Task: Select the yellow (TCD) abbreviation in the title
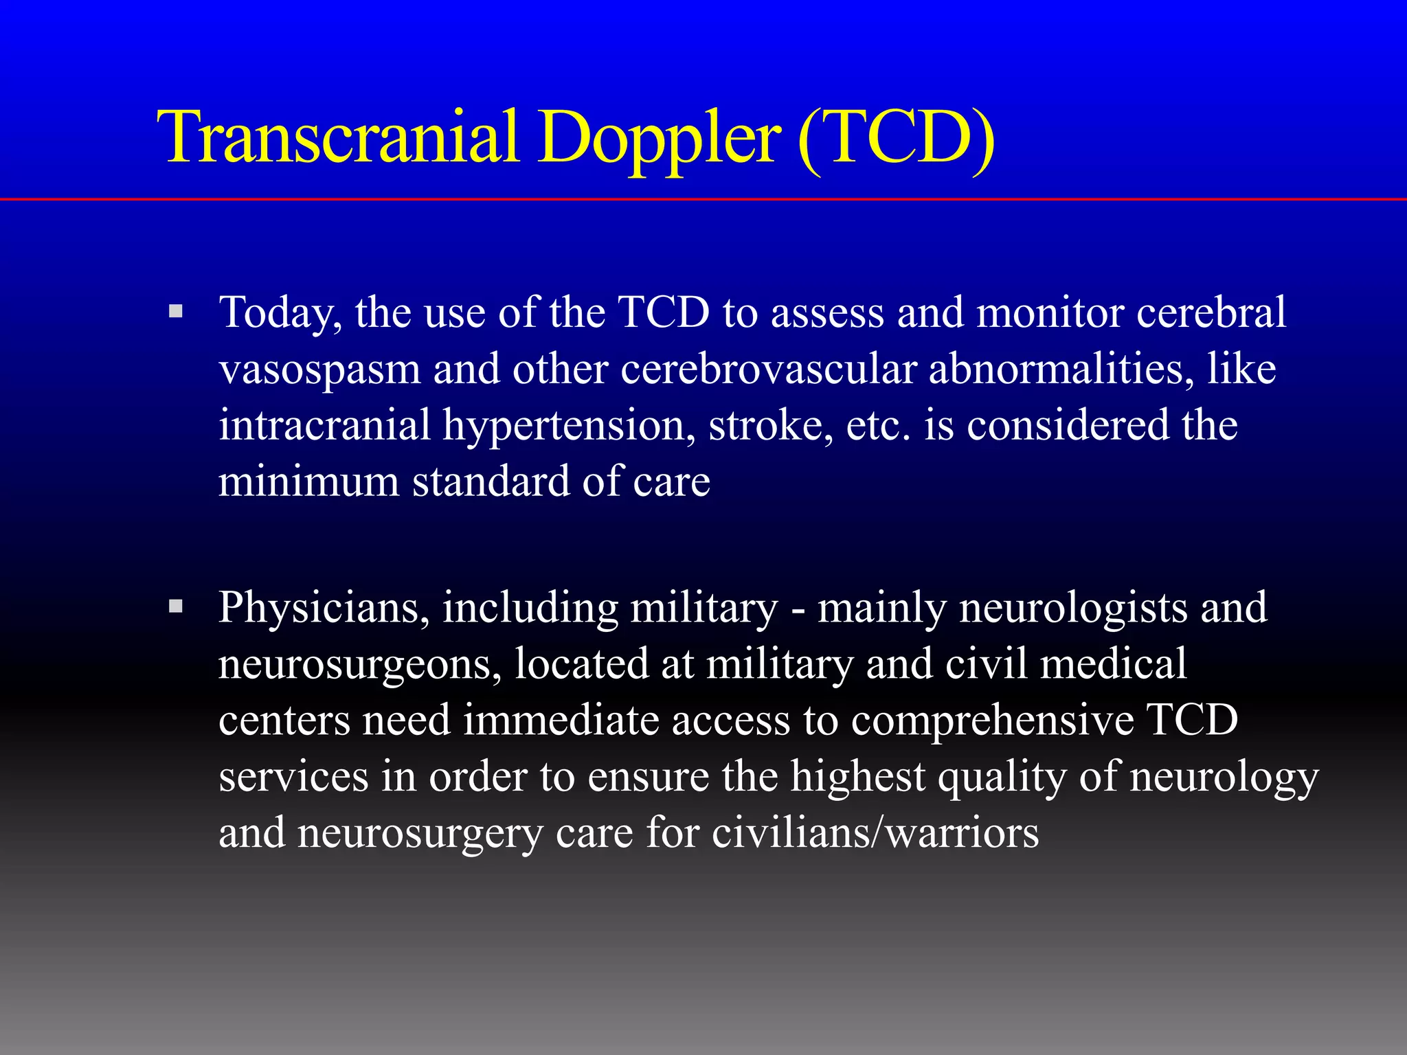point(896,139)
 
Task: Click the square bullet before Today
point(176,312)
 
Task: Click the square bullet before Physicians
point(176,606)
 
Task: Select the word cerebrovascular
point(769,369)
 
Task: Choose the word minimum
point(308,481)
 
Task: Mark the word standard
point(491,481)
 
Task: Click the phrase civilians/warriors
point(875,833)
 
